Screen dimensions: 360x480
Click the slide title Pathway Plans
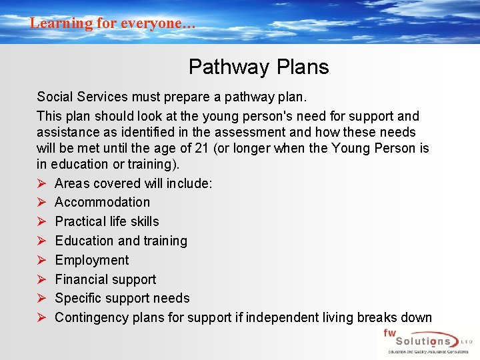coord(259,67)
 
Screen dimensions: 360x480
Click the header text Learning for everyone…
coord(113,23)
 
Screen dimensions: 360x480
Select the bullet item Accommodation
coord(102,202)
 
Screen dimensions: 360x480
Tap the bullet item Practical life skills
coord(107,221)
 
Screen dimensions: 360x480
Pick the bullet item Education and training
coord(121,241)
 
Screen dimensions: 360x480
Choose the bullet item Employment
coord(92,260)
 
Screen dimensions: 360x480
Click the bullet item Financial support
coord(105,279)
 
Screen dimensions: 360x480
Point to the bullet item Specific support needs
coord(122,298)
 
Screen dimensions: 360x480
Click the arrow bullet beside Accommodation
coord(41,202)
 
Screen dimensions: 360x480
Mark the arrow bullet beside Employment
coord(41,260)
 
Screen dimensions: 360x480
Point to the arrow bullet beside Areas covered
coord(41,183)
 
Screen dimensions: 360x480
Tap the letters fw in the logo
coord(389,332)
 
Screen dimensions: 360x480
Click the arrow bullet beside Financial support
coord(41,279)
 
